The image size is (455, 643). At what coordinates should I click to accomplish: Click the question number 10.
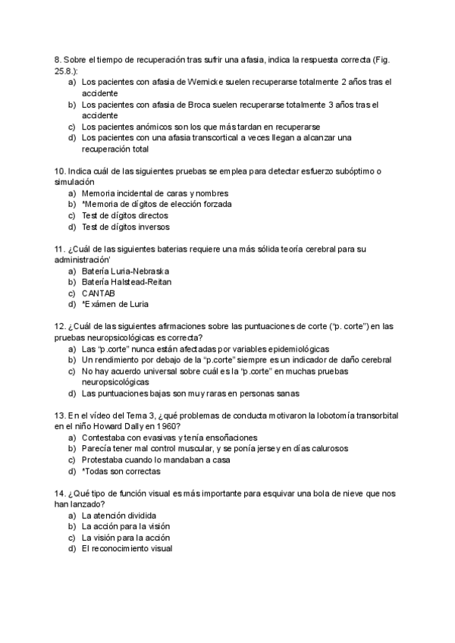(x=59, y=171)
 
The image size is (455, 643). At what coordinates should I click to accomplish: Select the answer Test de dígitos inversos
(x=125, y=227)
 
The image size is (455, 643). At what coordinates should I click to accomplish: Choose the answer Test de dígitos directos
(x=124, y=215)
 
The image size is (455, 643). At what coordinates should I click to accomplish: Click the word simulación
(x=74, y=182)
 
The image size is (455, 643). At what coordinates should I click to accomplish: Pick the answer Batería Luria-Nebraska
(x=125, y=271)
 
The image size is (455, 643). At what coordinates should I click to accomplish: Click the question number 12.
(x=59, y=326)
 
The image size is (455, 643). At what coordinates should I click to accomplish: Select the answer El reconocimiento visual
(x=127, y=548)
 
